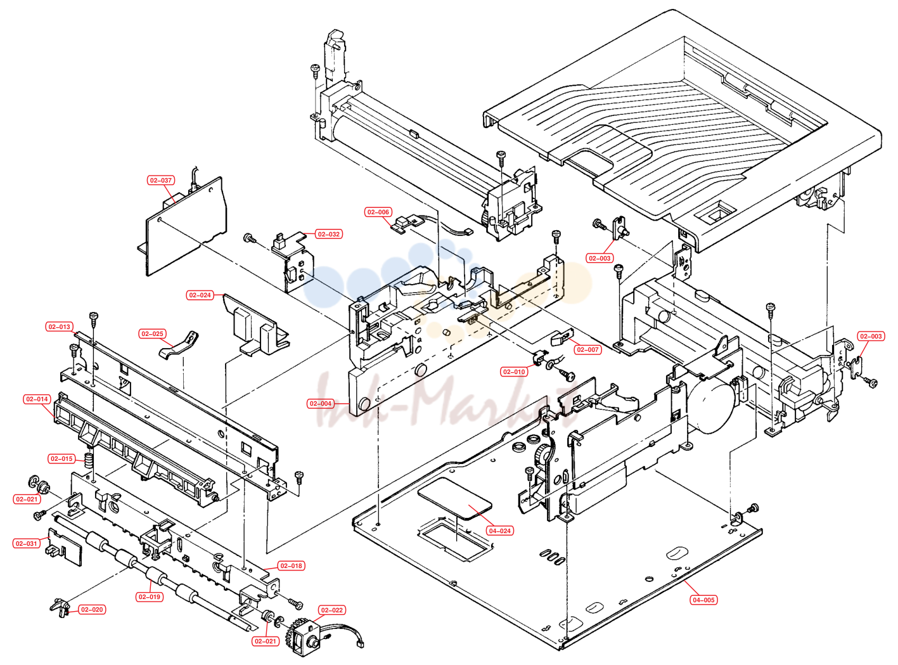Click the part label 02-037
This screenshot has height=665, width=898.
pyautogui.click(x=161, y=180)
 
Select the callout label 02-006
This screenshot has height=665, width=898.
pyautogui.click(x=378, y=212)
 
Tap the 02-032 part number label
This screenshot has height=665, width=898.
pyautogui.click(x=328, y=234)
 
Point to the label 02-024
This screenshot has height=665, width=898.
pyautogui.click(x=200, y=295)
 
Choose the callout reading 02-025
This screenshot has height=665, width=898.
pyautogui.click(x=152, y=333)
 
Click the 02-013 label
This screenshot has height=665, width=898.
pyautogui.click(x=60, y=327)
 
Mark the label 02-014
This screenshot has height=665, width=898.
pyautogui.click(x=37, y=399)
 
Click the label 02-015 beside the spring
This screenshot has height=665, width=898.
pyautogui.click(x=61, y=459)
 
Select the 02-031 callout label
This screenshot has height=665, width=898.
pyautogui.click(x=27, y=543)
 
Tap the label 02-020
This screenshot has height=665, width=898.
pyautogui.click(x=92, y=609)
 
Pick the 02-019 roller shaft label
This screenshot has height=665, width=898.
pyautogui.click(x=150, y=597)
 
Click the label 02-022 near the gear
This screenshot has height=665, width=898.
pyautogui.click(x=332, y=610)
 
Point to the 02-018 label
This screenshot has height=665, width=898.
pyautogui.click(x=291, y=565)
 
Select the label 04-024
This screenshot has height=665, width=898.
pyautogui.click(x=500, y=531)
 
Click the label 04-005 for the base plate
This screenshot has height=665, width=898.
pyautogui.click(x=703, y=600)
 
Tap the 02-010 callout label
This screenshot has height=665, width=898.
pyautogui.click(x=514, y=371)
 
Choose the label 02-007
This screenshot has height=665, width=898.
pyautogui.click(x=587, y=349)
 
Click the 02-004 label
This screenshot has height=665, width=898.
pyautogui.click(x=321, y=403)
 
